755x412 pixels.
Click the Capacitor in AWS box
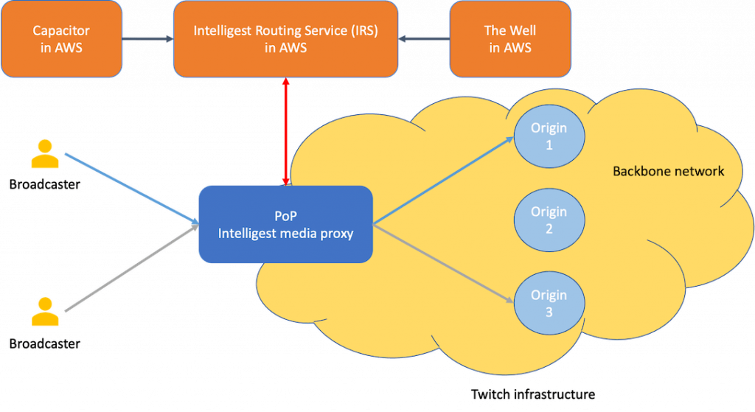62,39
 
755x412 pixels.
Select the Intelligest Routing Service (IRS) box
285,39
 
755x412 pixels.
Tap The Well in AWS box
509,39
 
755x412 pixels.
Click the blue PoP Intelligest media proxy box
285,224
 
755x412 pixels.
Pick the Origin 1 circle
549,136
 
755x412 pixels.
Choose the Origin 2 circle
549,220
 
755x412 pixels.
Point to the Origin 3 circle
549,303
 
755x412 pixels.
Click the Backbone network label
668,171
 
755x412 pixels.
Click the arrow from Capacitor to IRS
147,38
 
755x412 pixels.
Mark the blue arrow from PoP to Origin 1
442,181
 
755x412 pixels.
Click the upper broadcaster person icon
45,154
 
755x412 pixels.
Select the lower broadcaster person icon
45,312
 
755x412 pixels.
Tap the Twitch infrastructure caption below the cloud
532,394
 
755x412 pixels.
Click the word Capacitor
62,30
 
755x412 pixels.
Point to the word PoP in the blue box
285,216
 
